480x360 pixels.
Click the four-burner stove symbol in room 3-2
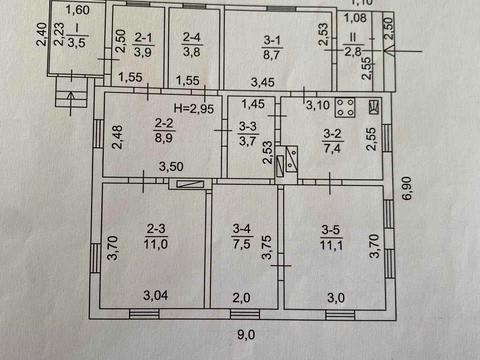(x=345, y=107)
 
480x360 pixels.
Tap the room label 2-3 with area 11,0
(x=156, y=236)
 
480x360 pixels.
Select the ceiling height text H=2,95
(x=194, y=108)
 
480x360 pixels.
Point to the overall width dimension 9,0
(x=246, y=335)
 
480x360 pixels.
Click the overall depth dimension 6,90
(x=407, y=188)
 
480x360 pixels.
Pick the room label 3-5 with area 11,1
(x=331, y=237)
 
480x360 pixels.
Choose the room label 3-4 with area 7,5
(x=242, y=236)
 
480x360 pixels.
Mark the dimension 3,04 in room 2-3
(x=156, y=295)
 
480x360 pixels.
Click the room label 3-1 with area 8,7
(x=272, y=48)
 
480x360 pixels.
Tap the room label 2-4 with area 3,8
(x=192, y=44)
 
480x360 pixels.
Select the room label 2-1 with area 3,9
(x=143, y=45)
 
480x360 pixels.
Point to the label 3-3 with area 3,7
(x=247, y=133)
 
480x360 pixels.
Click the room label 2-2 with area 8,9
(x=164, y=130)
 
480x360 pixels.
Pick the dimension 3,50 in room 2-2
(x=171, y=166)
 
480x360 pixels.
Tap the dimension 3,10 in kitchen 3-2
(x=318, y=105)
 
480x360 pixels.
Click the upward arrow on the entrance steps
(x=71, y=104)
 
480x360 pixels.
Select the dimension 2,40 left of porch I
(x=42, y=34)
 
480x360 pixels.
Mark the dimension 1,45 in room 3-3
(x=253, y=104)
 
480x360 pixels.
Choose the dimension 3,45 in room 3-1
(x=263, y=82)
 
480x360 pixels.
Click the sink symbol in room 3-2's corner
(x=374, y=107)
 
